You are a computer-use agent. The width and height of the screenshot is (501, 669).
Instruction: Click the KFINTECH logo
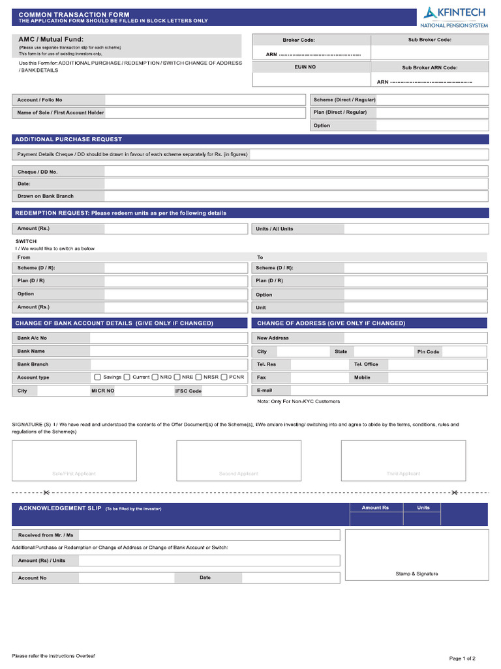pos(453,16)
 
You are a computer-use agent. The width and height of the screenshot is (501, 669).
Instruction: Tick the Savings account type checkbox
pos(98,377)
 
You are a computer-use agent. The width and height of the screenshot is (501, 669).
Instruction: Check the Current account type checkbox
pos(127,377)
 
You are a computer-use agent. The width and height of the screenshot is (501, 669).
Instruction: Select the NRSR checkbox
pos(199,377)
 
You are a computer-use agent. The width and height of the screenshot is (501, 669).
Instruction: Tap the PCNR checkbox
pos(224,377)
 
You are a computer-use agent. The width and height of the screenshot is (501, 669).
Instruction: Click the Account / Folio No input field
pos(205,100)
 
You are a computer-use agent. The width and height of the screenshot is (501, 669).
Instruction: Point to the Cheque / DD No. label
pos(38,172)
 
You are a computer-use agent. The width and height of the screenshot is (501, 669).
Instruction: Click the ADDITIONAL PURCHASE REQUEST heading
pos(68,139)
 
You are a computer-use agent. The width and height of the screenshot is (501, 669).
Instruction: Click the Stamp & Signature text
pos(417,574)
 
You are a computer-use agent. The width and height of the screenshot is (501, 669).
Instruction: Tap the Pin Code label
pos(429,351)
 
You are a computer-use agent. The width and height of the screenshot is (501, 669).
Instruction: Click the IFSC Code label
pos(188,391)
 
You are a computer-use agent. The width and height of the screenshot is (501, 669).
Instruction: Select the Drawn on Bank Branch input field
pos(296,196)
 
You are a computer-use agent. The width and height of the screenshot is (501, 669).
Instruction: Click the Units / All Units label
pos(275,229)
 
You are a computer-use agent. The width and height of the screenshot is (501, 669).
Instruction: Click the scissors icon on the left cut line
pos(46,492)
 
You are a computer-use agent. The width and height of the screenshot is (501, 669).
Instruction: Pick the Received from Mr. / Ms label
pos(46,535)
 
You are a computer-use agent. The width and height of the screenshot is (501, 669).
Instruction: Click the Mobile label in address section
pos(362,378)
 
